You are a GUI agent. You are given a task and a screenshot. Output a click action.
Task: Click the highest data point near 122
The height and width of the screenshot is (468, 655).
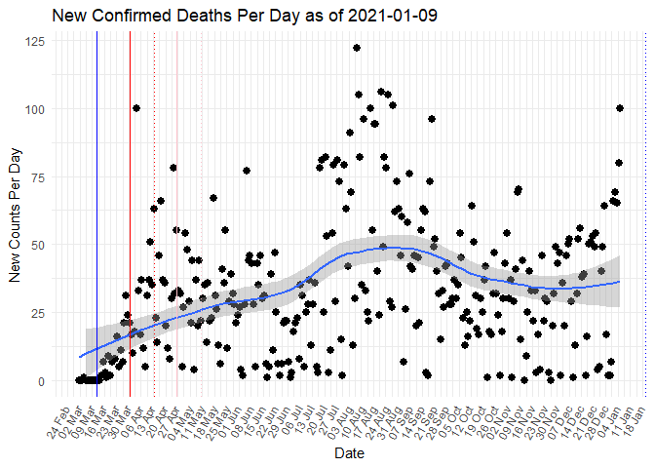(357, 48)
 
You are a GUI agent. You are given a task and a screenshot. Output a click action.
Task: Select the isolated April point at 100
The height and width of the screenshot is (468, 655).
(136, 108)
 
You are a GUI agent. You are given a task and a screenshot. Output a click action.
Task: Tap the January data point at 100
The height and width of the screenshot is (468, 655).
(620, 108)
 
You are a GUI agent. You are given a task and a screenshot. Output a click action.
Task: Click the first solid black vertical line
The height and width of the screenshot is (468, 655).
(96, 214)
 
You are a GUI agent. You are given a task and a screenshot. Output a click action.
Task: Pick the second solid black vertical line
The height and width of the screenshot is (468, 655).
(130, 214)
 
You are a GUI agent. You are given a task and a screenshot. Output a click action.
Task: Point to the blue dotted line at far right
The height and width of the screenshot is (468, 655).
(644, 214)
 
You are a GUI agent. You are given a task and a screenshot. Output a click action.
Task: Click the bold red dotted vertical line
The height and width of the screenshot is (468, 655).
(155, 214)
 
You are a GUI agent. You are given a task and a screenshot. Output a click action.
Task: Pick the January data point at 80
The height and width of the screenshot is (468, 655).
(619, 163)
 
